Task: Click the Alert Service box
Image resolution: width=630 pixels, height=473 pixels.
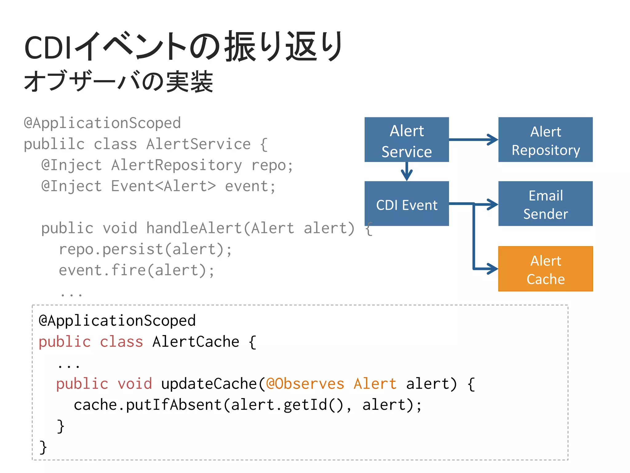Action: (x=406, y=139)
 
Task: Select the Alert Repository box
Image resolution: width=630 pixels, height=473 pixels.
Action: (x=545, y=139)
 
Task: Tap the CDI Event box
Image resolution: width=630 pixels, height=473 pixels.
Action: (x=406, y=204)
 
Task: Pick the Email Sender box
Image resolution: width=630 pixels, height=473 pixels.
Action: (x=545, y=204)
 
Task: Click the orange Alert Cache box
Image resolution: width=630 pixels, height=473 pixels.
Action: (x=545, y=269)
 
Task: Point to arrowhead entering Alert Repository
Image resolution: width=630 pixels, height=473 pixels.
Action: (x=492, y=139)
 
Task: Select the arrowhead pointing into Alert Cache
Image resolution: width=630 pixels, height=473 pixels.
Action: (x=492, y=269)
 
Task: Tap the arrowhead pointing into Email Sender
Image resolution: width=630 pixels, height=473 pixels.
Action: (x=492, y=204)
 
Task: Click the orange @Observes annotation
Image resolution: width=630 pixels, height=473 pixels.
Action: (x=305, y=384)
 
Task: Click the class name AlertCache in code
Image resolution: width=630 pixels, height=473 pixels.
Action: (x=196, y=342)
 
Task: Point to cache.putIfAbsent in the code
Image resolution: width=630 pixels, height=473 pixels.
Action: (x=148, y=405)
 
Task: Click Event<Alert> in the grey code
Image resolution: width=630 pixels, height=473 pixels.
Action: (x=163, y=186)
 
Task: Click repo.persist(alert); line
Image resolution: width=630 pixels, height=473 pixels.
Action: (x=145, y=249)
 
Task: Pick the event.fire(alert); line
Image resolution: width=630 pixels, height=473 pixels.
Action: (x=137, y=270)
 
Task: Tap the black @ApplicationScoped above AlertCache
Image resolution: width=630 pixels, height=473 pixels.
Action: (x=117, y=321)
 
